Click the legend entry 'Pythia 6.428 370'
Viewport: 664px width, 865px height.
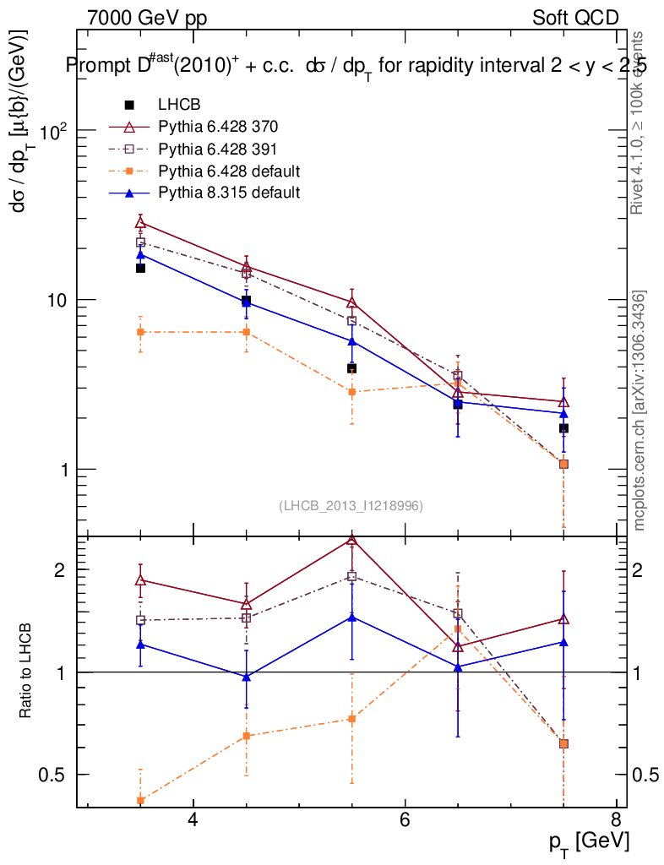[218, 127]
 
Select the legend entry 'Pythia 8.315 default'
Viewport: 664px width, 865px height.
[228, 193]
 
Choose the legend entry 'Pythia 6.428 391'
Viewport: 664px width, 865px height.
[218, 149]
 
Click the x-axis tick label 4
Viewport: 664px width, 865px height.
[193, 820]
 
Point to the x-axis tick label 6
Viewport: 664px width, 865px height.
[405, 820]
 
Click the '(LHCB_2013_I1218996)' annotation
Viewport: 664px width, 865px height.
[351, 505]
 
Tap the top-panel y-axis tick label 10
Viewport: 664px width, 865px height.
[57, 301]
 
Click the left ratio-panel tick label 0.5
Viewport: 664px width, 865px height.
[57, 775]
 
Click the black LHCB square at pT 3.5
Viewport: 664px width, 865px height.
[141, 268]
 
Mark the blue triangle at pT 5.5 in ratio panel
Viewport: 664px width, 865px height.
[352, 617]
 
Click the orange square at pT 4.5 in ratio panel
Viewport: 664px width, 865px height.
[247, 736]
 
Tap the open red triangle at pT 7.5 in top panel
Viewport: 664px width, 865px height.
[563, 402]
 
